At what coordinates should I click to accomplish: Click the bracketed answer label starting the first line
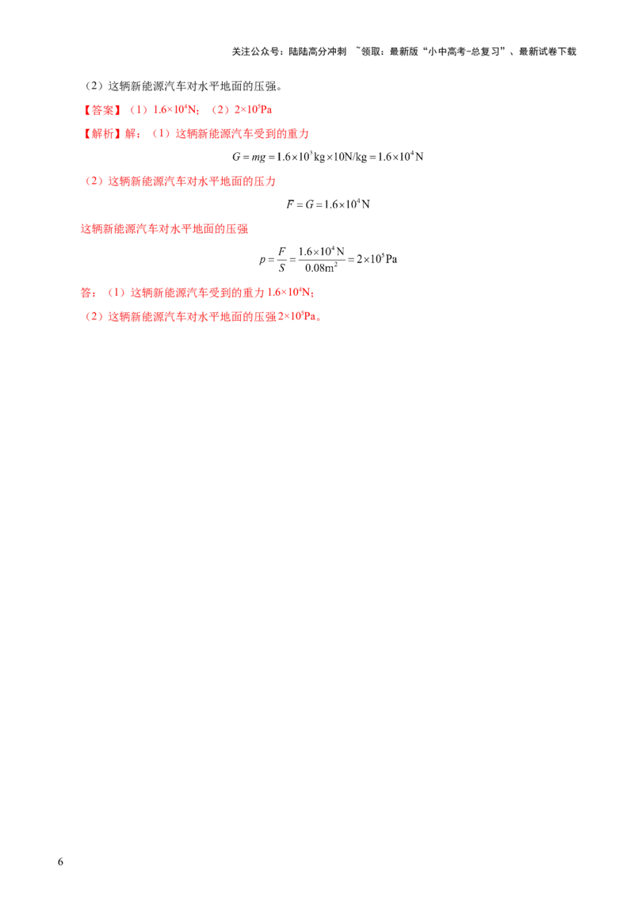(101, 109)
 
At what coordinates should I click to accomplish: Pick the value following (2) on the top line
(254, 109)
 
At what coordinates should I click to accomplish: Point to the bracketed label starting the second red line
(101, 134)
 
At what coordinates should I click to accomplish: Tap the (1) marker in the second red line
(162, 134)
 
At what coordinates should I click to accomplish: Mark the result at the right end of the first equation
(412, 158)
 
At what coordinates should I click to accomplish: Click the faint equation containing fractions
(325, 258)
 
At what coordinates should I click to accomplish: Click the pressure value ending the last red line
(304, 318)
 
